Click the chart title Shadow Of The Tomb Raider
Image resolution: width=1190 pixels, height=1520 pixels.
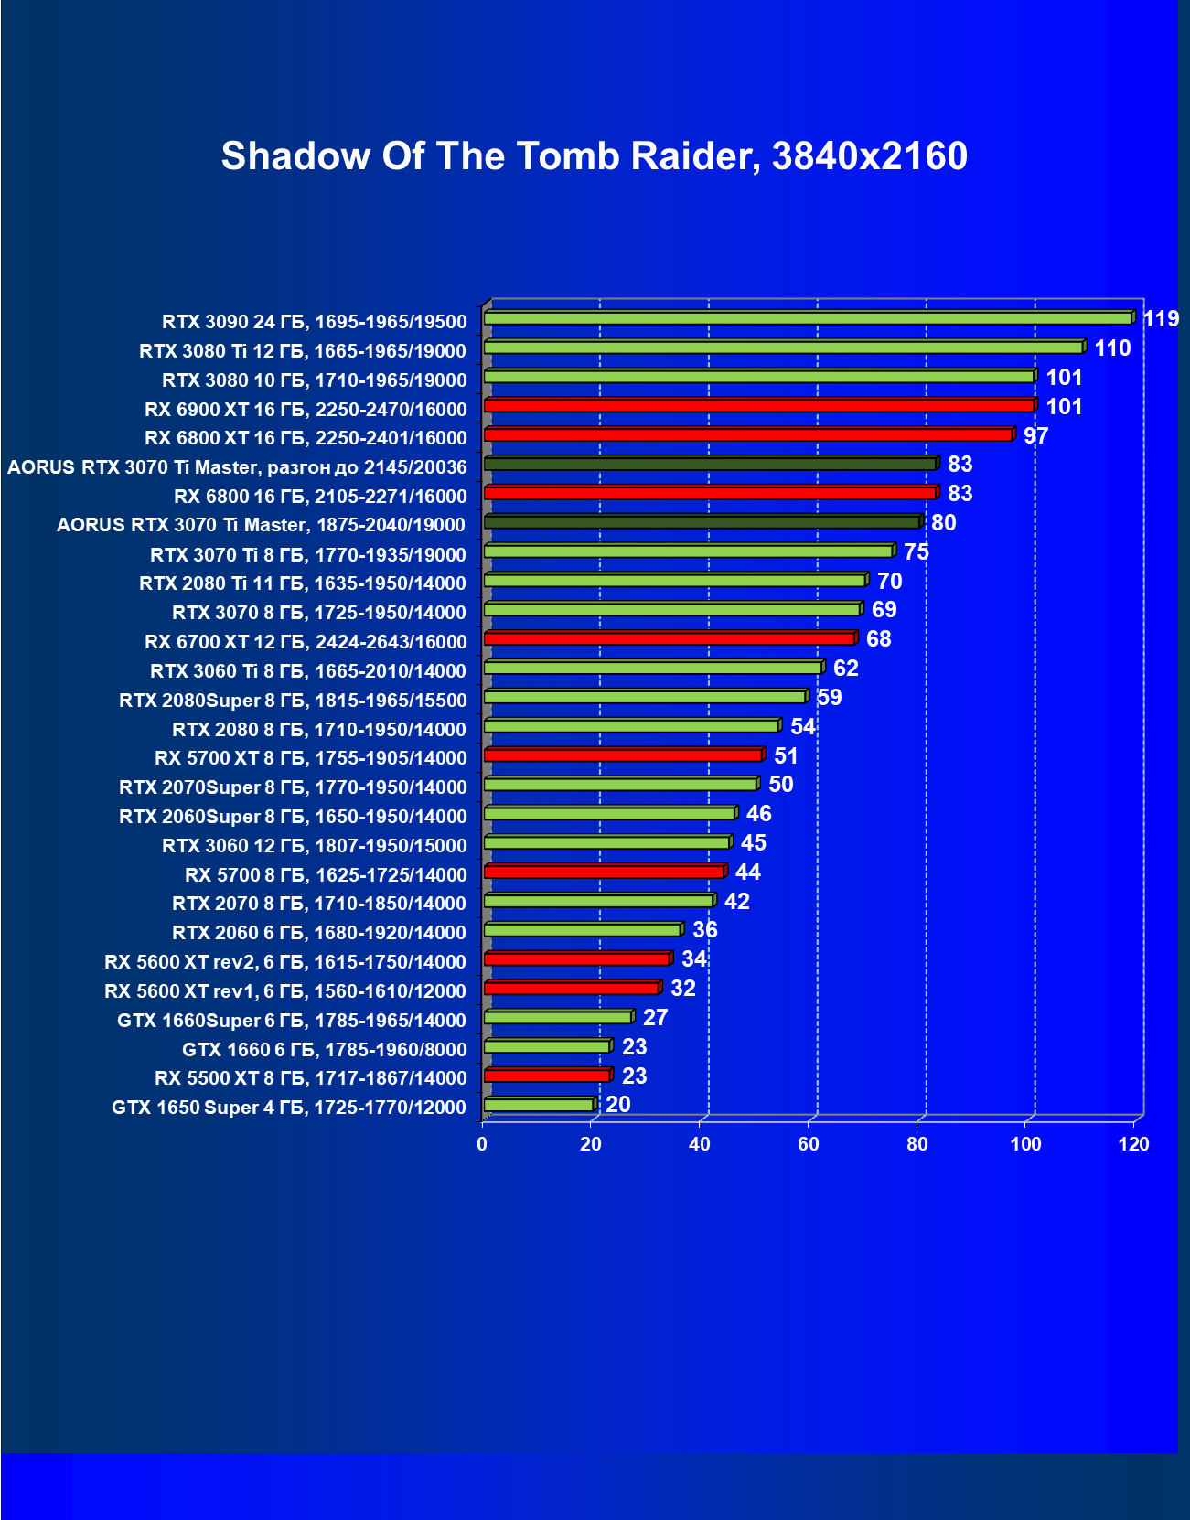pyautogui.click(x=595, y=156)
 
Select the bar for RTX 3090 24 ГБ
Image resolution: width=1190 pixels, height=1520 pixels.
pyautogui.click(x=808, y=318)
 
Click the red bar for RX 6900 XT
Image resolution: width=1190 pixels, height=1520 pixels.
pyautogui.click(x=759, y=405)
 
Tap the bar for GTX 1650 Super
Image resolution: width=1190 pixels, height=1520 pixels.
pyautogui.click(x=539, y=1105)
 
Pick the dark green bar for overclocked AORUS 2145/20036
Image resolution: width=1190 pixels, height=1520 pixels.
pyautogui.click(x=710, y=464)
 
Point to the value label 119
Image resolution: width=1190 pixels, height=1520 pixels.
pyautogui.click(x=1161, y=319)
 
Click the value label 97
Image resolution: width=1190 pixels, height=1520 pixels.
pyautogui.click(x=1035, y=435)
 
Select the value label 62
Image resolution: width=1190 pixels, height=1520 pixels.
pyautogui.click(x=846, y=669)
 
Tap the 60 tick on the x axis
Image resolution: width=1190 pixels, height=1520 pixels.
pyautogui.click(x=809, y=1144)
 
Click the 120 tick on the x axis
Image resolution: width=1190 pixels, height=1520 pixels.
pyautogui.click(x=1134, y=1144)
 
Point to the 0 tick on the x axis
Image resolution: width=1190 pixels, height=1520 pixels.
pyautogui.click(x=482, y=1144)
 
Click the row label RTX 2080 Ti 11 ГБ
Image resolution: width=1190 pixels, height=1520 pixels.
pyautogui.click(x=303, y=583)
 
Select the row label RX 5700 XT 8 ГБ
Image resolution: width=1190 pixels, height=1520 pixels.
pyautogui.click(x=311, y=758)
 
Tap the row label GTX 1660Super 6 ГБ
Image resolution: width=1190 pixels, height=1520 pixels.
pyautogui.click(x=292, y=1021)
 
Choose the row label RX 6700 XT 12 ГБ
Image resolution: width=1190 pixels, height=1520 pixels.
pyautogui.click(x=306, y=642)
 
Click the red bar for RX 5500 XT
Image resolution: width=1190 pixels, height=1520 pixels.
pyautogui.click(x=547, y=1076)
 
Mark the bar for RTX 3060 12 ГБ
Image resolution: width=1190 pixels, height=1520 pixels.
pyautogui.click(x=606, y=842)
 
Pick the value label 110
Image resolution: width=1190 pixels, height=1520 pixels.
pyautogui.click(x=1112, y=348)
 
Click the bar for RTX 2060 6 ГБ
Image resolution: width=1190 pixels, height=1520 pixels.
pyautogui.click(x=582, y=930)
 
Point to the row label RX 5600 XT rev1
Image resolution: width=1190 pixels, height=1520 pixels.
pyautogui.click(x=285, y=991)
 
